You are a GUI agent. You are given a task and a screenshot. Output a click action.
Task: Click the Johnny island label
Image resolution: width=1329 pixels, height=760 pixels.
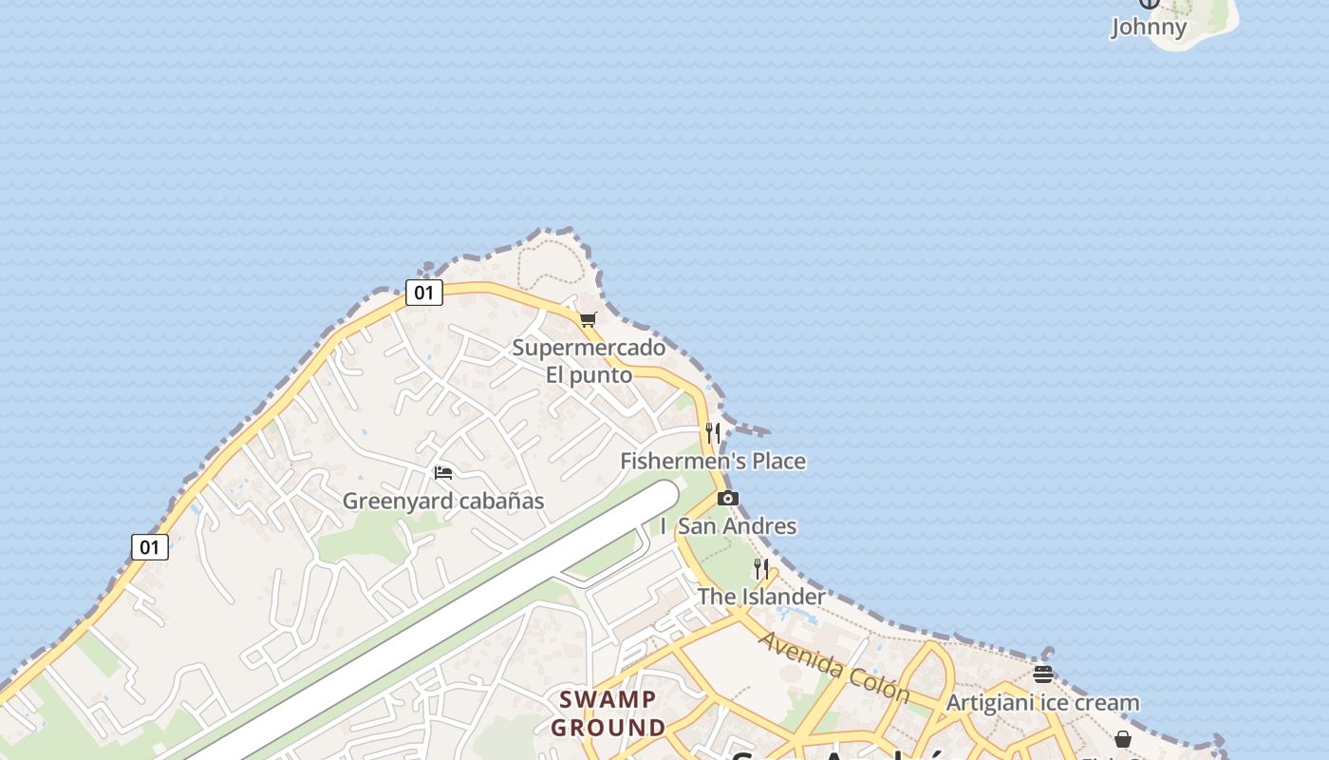(1149, 27)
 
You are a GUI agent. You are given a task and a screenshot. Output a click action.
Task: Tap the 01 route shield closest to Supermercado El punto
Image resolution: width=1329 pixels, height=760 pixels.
(423, 293)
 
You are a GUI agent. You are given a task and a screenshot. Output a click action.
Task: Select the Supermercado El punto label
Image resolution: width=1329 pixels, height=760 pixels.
(589, 361)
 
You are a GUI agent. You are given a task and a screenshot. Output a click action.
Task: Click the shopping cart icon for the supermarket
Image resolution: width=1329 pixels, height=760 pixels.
(589, 320)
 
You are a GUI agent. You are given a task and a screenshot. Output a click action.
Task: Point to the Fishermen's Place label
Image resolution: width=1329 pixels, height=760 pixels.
(713, 462)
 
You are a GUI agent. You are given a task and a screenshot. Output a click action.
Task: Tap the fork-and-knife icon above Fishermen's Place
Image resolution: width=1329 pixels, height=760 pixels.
(713, 434)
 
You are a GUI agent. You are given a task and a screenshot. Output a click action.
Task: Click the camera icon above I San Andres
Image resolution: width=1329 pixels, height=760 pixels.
(728, 499)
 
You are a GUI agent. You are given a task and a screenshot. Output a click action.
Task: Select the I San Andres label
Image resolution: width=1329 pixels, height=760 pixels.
(729, 526)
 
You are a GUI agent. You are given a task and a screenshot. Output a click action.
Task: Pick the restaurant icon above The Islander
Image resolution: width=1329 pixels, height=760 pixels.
(761, 569)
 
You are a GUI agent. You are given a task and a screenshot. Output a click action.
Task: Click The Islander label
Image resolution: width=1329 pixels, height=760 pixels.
(761, 597)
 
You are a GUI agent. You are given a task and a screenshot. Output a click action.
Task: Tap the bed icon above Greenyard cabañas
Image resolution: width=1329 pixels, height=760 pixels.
(442, 473)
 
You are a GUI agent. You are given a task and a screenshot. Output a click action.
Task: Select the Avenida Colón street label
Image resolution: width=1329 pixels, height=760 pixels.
(833, 665)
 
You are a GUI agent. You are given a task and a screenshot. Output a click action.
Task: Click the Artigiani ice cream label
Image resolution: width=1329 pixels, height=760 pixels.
(1042, 703)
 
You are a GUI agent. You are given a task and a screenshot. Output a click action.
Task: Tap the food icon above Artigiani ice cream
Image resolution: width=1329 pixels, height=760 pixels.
(1042, 674)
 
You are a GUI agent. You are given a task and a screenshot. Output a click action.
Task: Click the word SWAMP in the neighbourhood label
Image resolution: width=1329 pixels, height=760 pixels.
(608, 700)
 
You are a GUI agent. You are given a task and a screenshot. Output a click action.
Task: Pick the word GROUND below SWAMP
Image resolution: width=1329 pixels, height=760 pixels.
(608, 729)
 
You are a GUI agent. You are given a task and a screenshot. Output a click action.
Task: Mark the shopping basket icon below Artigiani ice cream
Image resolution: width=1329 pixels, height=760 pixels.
(1123, 739)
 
